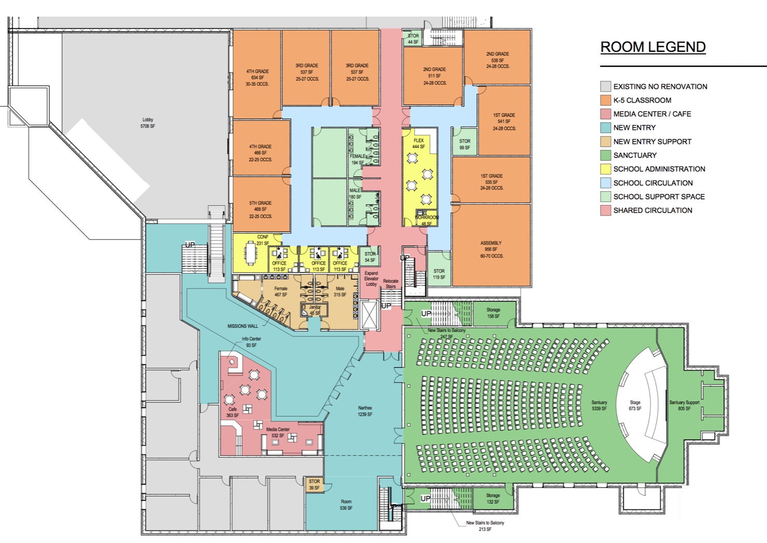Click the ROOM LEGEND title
(x=652, y=47)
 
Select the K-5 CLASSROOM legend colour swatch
(x=605, y=100)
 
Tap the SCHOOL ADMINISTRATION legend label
(x=659, y=169)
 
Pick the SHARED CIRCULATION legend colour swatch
(x=605, y=210)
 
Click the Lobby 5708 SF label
(x=148, y=123)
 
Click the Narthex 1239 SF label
(x=365, y=411)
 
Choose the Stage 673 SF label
(x=635, y=405)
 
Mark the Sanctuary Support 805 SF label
(x=684, y=405)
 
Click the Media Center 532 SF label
(x=278, y=433)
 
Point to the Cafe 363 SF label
(x=232, y=412)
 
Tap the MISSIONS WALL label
(x=243, y=326)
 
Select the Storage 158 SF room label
(x=493, y=313)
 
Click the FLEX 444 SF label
(x=419, y=144)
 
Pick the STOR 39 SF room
(x=314, y=484)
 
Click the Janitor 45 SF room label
(x=315, y=310)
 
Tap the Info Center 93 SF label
(x=251, y=342)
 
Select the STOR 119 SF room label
(x=439, y=274)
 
